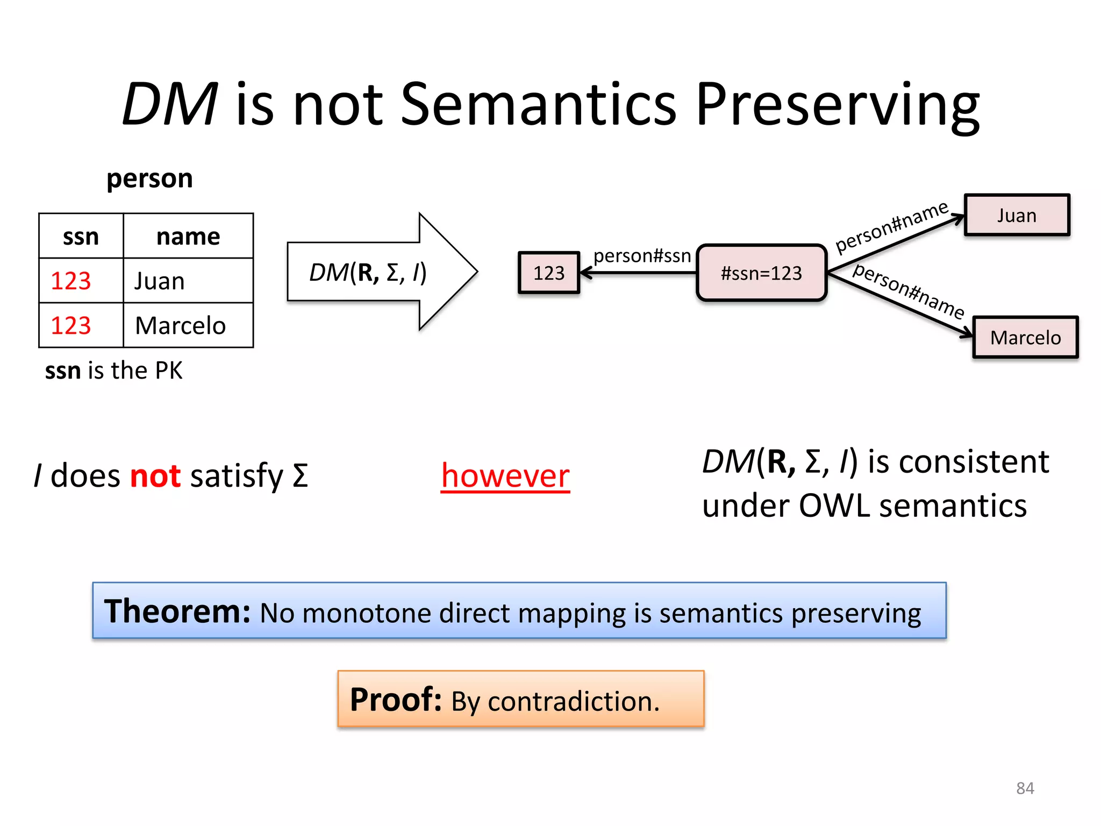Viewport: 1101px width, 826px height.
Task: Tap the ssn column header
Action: point(81,237)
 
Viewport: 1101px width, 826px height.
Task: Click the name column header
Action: point(188,237)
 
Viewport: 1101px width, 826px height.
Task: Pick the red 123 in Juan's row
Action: point(71,281)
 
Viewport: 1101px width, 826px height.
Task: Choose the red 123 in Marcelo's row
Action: point(71,326)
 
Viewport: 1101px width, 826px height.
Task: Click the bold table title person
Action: point(149,179)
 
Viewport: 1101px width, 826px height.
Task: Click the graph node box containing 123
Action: point(549,273)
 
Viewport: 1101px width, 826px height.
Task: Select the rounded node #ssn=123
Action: point(761,273)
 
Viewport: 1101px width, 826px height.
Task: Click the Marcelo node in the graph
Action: point(1025,338)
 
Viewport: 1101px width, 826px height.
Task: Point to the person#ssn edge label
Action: point(642,256)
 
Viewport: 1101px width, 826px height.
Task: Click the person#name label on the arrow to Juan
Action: point(891,226)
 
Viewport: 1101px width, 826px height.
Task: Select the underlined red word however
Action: point(505,476)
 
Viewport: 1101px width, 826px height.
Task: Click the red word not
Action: point(155,476)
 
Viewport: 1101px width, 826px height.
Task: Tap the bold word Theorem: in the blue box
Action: point(177,612)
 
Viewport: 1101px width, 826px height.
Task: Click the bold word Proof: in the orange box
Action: point(396,700)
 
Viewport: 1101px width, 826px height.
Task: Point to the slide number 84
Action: point(1025,788)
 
